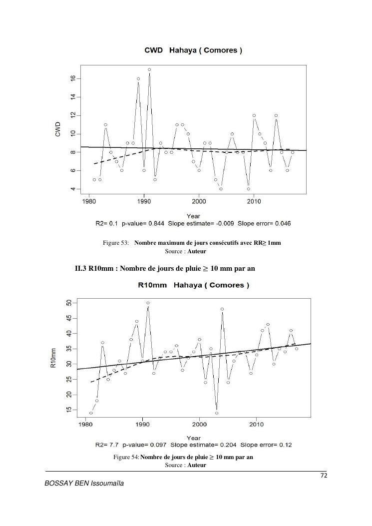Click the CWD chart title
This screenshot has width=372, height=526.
193,51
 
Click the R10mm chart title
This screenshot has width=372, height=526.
193,285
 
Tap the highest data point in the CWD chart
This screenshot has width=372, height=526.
149,69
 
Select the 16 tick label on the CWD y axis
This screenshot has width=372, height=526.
73,78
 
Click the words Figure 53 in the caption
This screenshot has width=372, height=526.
116,243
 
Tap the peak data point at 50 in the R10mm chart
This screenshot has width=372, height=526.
148,303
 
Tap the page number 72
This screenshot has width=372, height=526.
323,475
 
